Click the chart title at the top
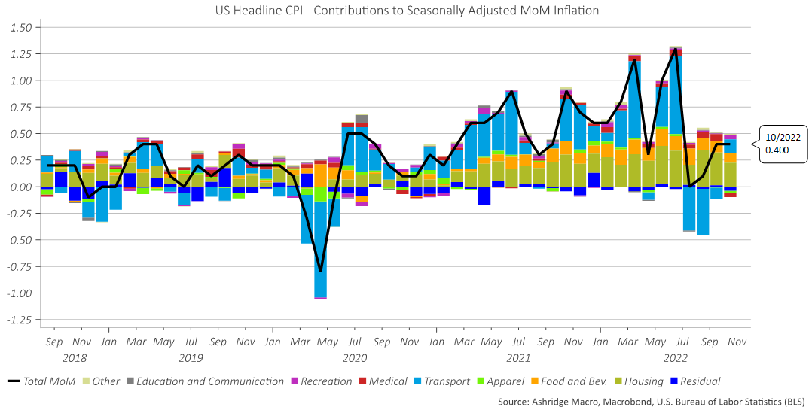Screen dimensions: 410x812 tap(406, 10)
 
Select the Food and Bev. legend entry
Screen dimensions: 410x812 tap(569, 381)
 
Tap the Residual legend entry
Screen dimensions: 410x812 tap(694, 381)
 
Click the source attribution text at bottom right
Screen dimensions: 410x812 tap(651, 401)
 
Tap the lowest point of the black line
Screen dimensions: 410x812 tap(320, 271)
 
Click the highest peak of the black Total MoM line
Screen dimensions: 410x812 tap(676, 49)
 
